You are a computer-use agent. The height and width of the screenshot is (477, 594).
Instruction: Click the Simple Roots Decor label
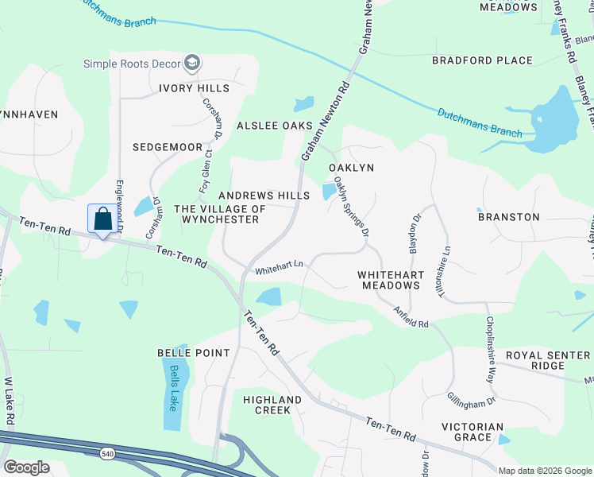tap(132, 63)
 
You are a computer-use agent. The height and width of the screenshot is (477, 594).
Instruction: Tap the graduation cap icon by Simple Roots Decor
tap(191, 63)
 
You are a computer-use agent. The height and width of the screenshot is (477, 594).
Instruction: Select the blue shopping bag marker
tap(102, 219)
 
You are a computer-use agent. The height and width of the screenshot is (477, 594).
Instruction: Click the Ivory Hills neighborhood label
tap(194, 88)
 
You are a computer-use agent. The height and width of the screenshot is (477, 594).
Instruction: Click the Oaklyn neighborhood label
tap(351, 168)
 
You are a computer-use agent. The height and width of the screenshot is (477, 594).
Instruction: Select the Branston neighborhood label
tap(508, 216)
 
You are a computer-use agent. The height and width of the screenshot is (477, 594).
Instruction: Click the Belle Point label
tap(194, 352)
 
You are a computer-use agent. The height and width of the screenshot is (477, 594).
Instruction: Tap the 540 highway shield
tap(107, 453)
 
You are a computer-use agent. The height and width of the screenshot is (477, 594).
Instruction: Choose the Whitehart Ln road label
tap(279, 270)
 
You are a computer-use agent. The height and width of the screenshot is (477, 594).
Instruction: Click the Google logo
tap(26, 467)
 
